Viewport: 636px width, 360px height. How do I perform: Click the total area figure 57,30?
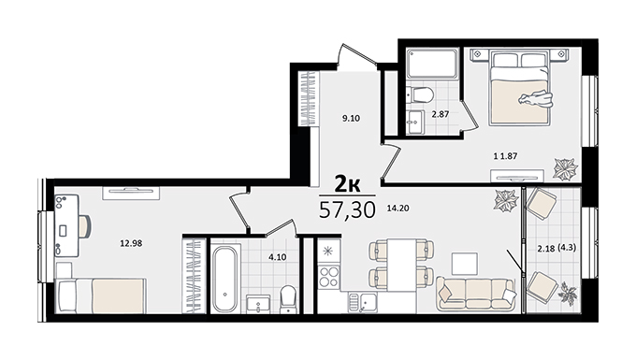(347, 210)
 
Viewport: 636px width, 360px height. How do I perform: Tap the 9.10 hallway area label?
(351, 119)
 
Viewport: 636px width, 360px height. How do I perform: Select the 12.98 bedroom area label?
(131, 244)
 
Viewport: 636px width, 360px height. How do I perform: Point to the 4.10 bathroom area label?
(278, 257)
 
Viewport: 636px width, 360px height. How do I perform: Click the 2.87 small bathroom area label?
(441, 114)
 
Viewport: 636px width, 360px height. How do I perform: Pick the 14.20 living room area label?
(397, 209)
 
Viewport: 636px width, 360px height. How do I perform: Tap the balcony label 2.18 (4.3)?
(556, 248)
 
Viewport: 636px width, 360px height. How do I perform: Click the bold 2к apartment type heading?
(347, 184)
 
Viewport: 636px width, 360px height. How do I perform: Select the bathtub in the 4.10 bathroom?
(225, 279)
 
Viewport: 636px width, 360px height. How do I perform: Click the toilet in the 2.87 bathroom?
(420, 94)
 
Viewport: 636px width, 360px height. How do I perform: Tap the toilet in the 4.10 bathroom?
(288, 299)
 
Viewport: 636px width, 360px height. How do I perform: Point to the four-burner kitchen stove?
(328, 277)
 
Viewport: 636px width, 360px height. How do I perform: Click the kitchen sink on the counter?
(362, 302)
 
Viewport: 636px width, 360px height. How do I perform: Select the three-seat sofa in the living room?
(476, 294)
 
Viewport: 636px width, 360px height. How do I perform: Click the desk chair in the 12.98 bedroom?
(84, 226)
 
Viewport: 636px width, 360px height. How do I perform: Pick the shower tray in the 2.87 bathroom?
(432, 64)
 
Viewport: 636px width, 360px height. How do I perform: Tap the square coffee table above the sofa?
(465, 263)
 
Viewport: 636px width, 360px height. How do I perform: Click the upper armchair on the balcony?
(542, 204)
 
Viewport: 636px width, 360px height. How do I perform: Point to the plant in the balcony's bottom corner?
(568, 294)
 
